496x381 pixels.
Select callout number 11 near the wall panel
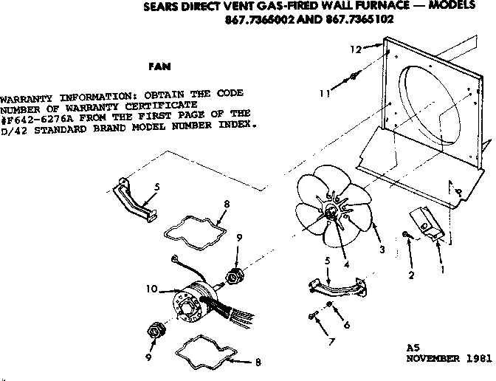click(325, 93)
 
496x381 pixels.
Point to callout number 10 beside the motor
click(151, 289)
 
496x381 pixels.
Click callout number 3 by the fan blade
click(382, 249)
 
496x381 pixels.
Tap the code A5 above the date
click(413, 346)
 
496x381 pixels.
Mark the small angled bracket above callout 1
click(426, 222)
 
